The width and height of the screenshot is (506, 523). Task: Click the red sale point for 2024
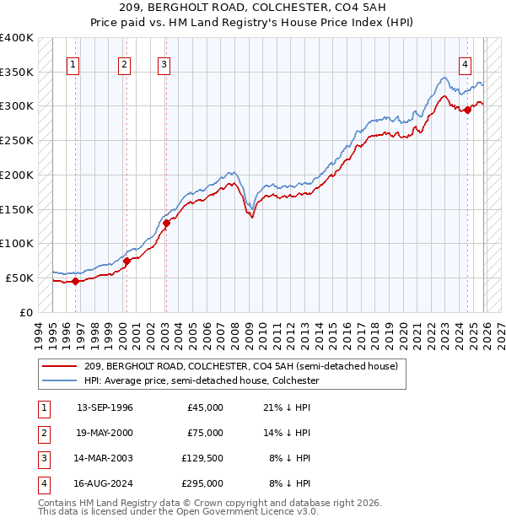pos(467,110)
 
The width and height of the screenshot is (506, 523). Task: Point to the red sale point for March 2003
pos(166,223)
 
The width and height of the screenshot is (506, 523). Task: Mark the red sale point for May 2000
pos(126,261)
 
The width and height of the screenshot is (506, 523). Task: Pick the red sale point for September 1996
pos(75,281)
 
